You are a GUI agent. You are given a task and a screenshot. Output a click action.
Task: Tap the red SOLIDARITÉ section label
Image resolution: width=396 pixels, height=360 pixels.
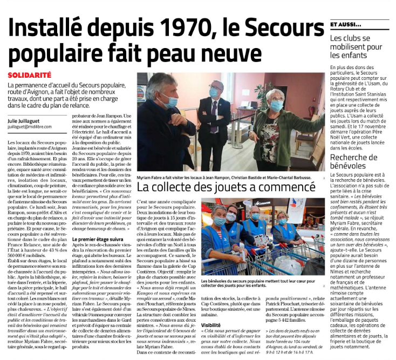(30, 75)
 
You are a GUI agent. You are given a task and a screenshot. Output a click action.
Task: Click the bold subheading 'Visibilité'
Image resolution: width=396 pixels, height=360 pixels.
(213, 325)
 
